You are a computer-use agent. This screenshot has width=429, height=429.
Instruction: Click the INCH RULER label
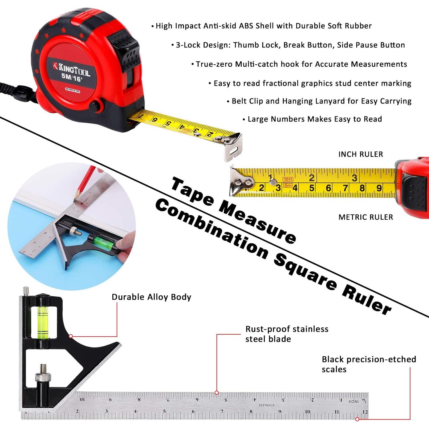360,154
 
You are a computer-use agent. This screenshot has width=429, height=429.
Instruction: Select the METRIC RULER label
366,217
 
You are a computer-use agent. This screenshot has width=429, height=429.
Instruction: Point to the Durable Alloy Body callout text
151,297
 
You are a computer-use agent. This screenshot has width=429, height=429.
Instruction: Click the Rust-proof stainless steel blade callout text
287,334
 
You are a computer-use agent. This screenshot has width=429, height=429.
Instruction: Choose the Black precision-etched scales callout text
369,364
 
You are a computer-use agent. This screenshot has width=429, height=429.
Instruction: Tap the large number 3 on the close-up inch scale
354,178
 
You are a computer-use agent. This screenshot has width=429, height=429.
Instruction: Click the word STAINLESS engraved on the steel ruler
266,405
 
